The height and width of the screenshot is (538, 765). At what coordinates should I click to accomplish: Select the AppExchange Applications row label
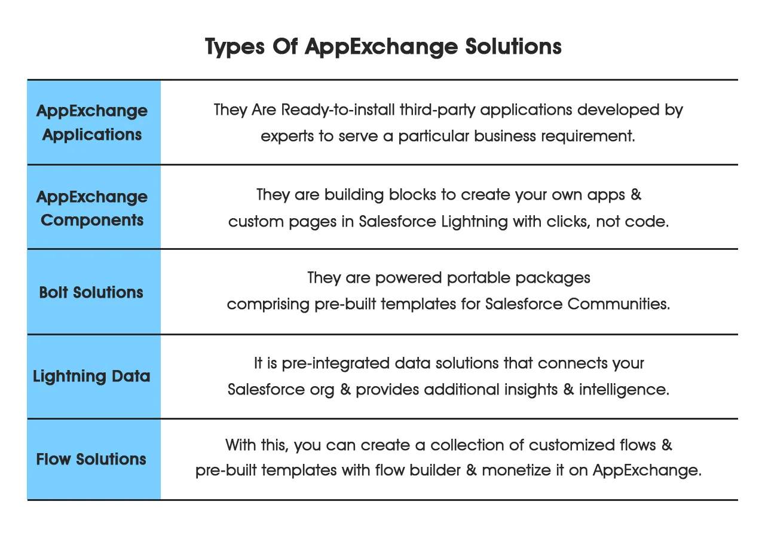92,123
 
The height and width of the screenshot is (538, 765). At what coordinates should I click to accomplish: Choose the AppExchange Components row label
92,208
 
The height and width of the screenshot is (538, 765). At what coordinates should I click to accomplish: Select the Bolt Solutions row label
91,292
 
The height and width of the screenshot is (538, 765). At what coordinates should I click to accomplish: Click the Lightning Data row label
91,377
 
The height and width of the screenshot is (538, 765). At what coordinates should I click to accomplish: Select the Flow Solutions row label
91,459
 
